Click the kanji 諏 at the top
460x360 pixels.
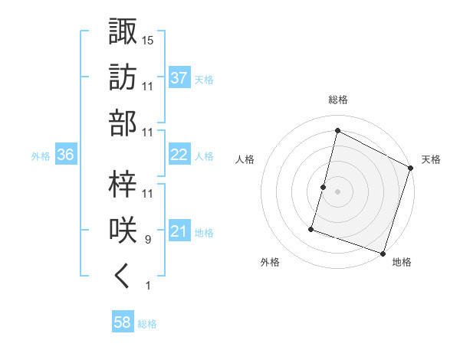point(123,32)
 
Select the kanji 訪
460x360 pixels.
point(123,77)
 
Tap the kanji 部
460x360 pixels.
point(123,123)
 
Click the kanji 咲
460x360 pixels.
point(123,231)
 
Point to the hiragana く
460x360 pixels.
point(123,277)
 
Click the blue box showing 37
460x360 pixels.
point(179,77)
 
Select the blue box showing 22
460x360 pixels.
point(179,155)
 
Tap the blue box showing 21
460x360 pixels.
point(179,231)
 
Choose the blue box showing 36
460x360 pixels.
point(66,155)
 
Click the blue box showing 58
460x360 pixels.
point(123,322)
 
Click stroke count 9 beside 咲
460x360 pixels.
point(147,240)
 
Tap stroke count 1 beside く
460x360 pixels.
point(147,286)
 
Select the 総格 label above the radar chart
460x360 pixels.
point(337,100)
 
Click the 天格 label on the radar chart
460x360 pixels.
point(431,159)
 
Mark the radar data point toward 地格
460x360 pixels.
point(383,253)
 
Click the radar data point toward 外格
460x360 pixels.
point(311,228)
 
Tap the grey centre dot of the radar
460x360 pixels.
point(337,191)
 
